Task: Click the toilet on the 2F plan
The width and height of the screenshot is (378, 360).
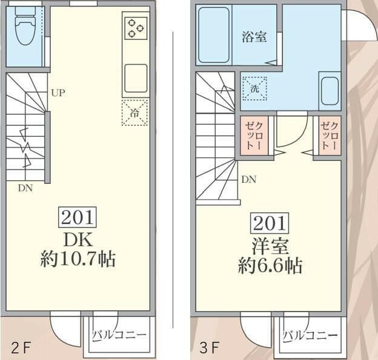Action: (x=25, y=27)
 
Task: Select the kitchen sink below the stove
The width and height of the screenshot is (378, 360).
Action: (x=136, y=76)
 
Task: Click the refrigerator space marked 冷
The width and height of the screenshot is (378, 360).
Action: (x=134, y=113)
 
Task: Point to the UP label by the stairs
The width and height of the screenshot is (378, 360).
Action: (x=58, y=93)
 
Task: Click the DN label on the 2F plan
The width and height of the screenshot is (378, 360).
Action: (x=25, y=188)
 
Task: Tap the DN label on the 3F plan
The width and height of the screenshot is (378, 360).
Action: (x=248, y=179)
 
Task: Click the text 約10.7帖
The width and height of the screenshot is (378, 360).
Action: (x=78, y=260)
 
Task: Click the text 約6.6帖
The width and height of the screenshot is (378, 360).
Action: (x=270, y=265)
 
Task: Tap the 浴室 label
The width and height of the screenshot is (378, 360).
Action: (x=254, y=36)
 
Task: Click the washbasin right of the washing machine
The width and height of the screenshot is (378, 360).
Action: (x=330, y=91)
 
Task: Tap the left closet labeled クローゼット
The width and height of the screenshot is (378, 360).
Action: (x=250, y=136)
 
